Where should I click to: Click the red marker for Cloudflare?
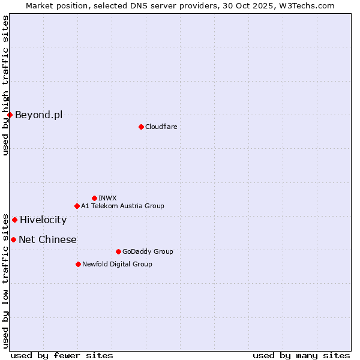point(141,127)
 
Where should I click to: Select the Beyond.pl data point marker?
point(10,115)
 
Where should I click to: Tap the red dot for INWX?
point(94,198)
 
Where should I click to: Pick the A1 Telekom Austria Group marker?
point(77,206)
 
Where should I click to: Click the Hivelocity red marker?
point(14,220)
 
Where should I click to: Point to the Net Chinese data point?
point(13,239)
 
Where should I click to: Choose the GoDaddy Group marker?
point(118,251)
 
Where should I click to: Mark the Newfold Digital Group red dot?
point(78,264)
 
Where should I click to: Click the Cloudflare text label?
point(161,127)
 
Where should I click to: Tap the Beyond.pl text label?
point(38,115)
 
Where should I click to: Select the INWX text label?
point(107,198)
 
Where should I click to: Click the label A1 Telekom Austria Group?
point(122,206)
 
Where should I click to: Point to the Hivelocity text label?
point(43,220)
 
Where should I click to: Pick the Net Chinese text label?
point(47,239)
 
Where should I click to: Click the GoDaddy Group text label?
point(147,251)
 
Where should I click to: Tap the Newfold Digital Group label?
point(117,264)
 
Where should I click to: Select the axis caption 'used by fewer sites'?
point(62,355)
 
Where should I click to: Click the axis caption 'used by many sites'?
point(301,355)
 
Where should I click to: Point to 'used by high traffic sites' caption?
point(5,85)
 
